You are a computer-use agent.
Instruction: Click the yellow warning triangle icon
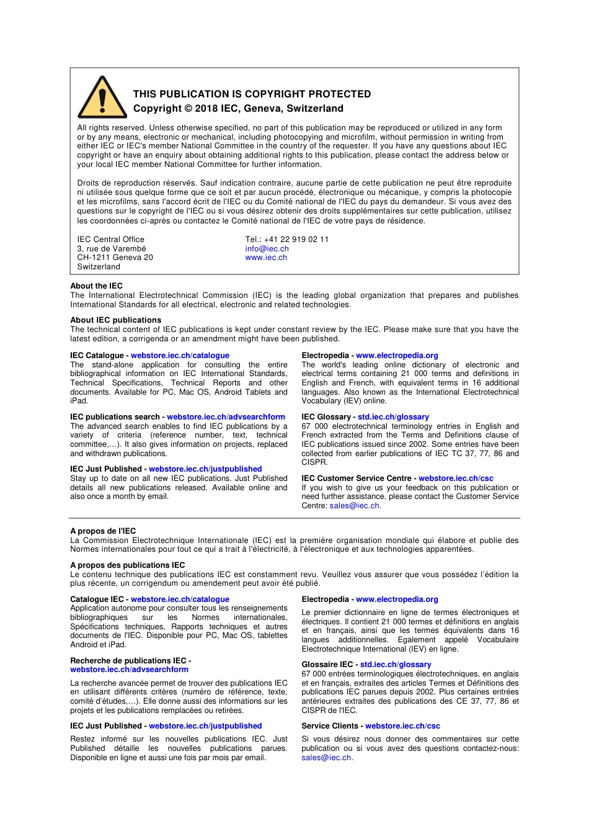coord(102,99)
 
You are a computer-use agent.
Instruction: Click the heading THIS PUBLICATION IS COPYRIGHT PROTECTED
coord(252,94)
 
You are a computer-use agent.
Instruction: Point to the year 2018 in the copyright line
coord(206,109)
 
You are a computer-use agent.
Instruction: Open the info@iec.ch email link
coord(267,249)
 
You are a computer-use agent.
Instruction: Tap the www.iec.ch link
coord(266,258)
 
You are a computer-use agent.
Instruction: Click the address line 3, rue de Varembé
coord(112,249)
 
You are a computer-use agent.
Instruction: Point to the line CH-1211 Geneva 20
coord(115,258)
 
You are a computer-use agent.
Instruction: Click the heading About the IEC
coord(96,286)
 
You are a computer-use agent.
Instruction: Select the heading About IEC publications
coord(115,320)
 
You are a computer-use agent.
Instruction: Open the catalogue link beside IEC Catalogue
coord(180,356)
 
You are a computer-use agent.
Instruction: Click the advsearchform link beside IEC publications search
coord(226,417)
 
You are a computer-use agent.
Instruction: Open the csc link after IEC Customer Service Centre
coord(456,478)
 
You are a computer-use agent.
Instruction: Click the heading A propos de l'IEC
coord(103,531)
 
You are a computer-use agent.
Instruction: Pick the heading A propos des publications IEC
coord(127,565)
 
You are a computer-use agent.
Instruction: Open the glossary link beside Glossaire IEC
coord(396,665)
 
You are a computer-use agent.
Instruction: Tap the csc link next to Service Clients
coord(402,726)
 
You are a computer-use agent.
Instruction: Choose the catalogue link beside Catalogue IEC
coord(180,599)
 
